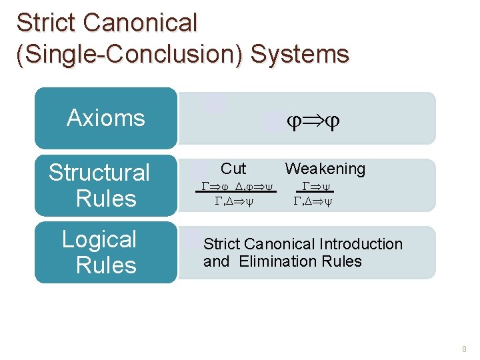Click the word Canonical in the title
(x=141, y=23)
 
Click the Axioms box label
(x=106, y=118)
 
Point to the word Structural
(x=99, y=173)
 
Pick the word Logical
(x=99, y=239)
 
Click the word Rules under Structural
(x=106, y=199)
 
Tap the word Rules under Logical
(x=106, y=265)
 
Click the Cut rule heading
(x=233, y=169)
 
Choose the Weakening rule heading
(x=325, y=169)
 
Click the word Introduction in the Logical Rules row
(x=361, y=244)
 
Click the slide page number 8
(x=464, y=349)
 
